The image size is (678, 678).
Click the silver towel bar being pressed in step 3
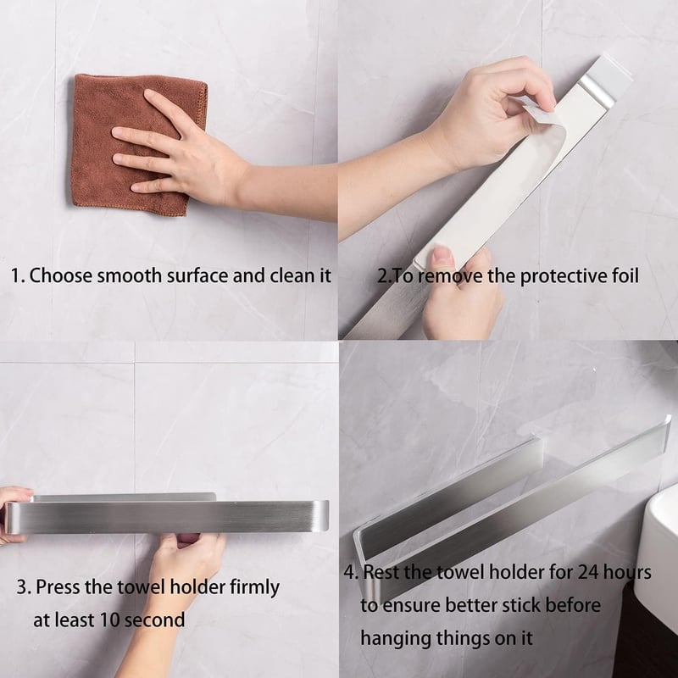(x=166, y=516)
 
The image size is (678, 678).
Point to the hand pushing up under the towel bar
(x=186, y=562)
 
